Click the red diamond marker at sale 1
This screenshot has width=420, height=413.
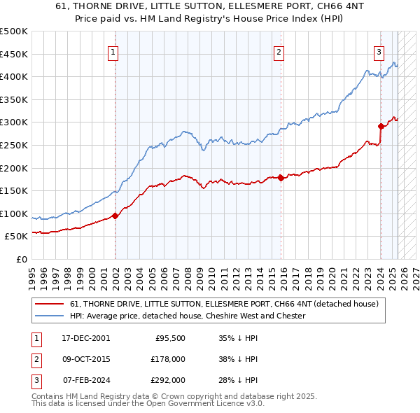click(115, 216)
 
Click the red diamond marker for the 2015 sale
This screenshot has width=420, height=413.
click(281, 178)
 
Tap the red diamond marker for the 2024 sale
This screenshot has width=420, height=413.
click(381, 126)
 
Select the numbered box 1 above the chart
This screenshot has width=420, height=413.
click(113, 51)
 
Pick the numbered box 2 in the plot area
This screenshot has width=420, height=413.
click(279, 51)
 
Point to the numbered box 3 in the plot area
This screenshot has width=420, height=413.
click(379, 51)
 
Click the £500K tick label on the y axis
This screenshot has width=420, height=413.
click(14, 31)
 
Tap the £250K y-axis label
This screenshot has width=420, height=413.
click(14, 145)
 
